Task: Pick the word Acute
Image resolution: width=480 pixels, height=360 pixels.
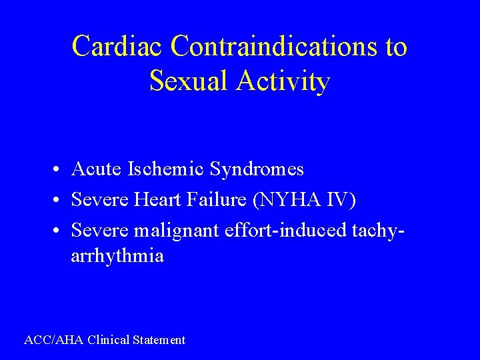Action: point(95,169)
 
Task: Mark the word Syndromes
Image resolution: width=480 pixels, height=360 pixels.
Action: point(257,169)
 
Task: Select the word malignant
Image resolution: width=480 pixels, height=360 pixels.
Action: point(176,230)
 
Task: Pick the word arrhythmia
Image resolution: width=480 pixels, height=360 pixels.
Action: point(117,256)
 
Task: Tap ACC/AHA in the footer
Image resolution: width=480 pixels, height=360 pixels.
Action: point(54,340)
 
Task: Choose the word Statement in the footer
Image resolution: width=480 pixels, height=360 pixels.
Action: point(159,340)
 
